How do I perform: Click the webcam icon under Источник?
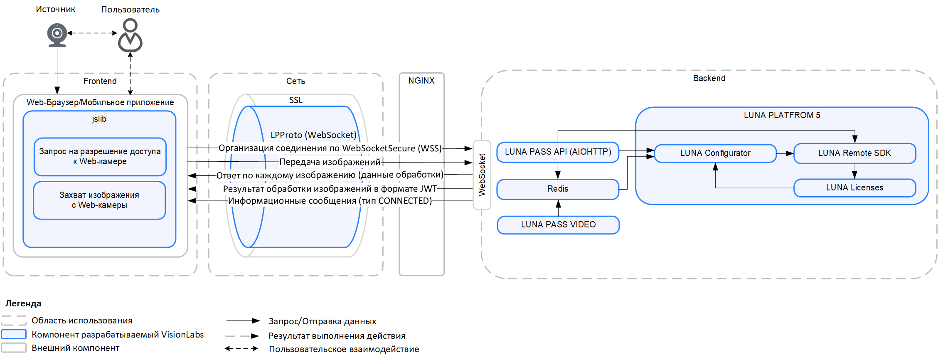point(57,35)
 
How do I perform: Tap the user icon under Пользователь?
point(130,35)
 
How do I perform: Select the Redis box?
point(558,189)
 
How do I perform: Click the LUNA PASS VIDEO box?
point(558,225)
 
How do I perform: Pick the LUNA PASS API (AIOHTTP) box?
point(558,152)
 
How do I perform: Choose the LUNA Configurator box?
point(715,153)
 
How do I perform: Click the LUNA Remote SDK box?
point(854,153)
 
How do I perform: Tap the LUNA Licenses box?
point(854,188)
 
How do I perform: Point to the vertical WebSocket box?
point(482,175)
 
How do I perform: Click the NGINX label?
point(421,81)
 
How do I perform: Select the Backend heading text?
point(709,78)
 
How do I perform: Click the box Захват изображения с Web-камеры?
point(99,200)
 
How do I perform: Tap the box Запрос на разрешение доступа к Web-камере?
point(100,157)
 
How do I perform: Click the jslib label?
point(99,119)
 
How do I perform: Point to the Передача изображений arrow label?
point(330,162)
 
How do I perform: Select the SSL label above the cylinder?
point(296,100)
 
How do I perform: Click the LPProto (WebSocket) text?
point(313,135)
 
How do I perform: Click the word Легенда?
point(23,303)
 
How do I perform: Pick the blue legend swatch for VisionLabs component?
point(14,334)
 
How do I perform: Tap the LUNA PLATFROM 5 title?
point(782,115)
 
